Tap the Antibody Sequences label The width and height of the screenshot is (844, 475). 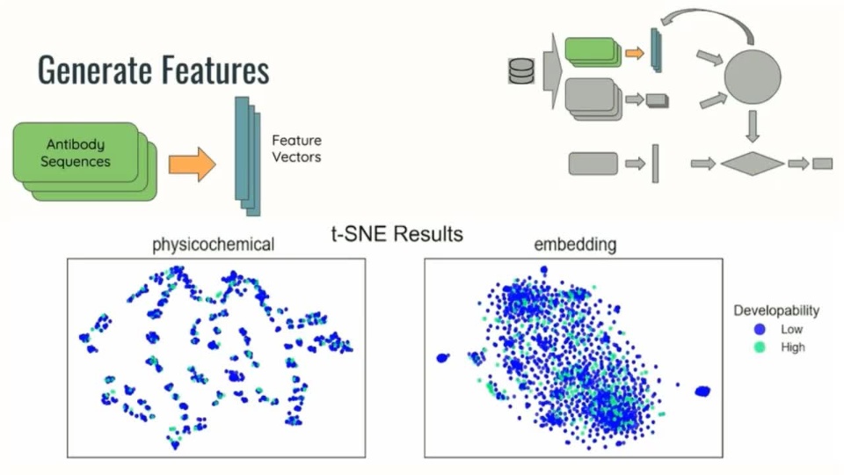coord(79,153)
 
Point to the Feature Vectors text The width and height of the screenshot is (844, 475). coord(296,149)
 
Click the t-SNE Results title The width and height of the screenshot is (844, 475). coord(397,235)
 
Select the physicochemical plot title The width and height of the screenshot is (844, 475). coord(215,245)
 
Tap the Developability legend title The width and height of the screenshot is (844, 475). coord(776,311)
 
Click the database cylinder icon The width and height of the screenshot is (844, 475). coord(521,70)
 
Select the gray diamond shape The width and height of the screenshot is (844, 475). coord(752,163)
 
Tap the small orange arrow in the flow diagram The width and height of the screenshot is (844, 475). coord(635,53)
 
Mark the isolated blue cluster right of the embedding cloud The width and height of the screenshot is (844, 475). coord(702,391)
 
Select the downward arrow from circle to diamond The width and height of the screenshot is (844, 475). coord(752,128)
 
